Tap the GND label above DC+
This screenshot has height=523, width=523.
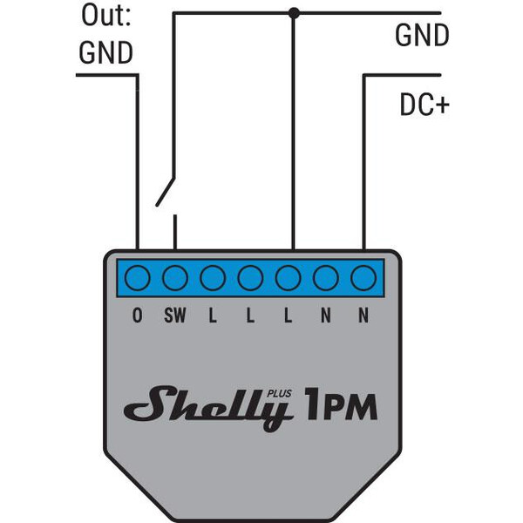[x=422, y=36]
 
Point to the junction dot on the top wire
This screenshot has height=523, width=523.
[x=294, y=12]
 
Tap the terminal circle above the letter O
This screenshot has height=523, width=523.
[x=138, y=279]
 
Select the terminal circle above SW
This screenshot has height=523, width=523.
[x=175, y=279]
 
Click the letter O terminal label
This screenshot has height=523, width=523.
[x=138, y=316]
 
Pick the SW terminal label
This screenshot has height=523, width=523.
[x=175, y=316]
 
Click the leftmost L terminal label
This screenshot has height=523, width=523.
[x=213, y=316]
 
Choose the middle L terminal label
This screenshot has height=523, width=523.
[x=250, y=316]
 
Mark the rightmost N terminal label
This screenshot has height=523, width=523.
[x=363, y=316]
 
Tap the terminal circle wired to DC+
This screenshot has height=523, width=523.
[x=363, y=279]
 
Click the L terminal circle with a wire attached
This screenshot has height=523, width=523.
[x=289, y=279]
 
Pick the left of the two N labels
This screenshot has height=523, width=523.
[x=326, y=316]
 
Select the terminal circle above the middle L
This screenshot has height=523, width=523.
[x=250, y=279]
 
